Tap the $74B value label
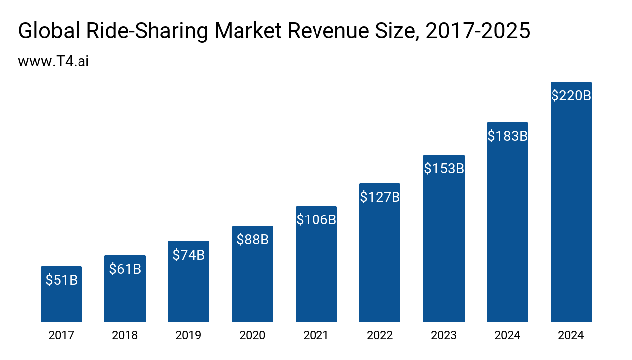188,255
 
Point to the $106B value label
316,219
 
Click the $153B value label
444,168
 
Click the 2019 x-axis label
188,335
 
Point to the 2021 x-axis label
316,335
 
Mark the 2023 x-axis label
444,335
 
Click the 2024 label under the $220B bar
571,335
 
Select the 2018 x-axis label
125,335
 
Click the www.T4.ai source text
53,62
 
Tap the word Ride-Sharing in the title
147,31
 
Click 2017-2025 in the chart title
478,31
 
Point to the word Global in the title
49,31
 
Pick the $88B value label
252,239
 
